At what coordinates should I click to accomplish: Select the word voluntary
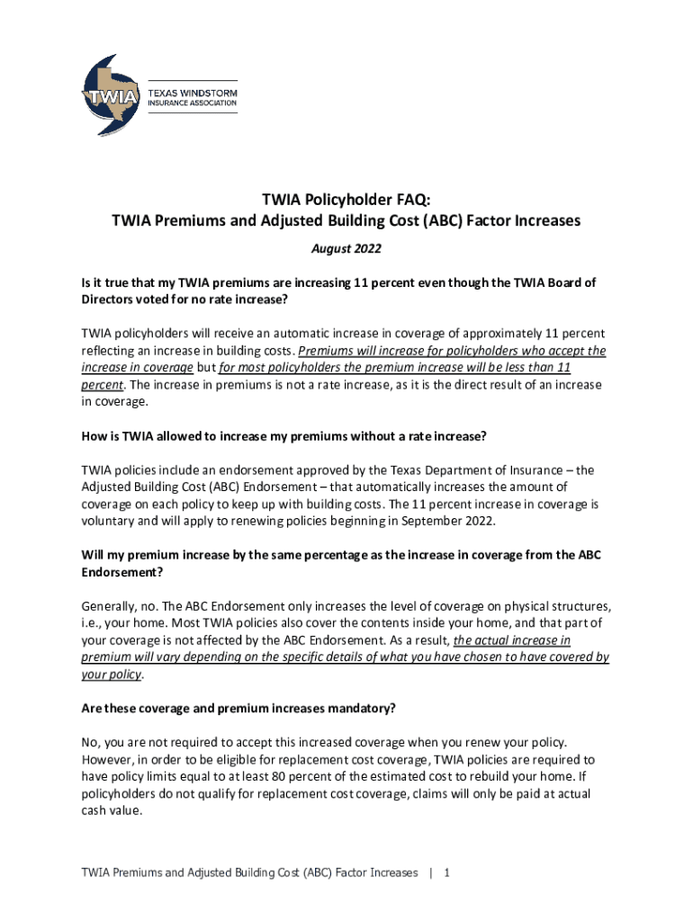111,521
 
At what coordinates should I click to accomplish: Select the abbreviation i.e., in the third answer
94,622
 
